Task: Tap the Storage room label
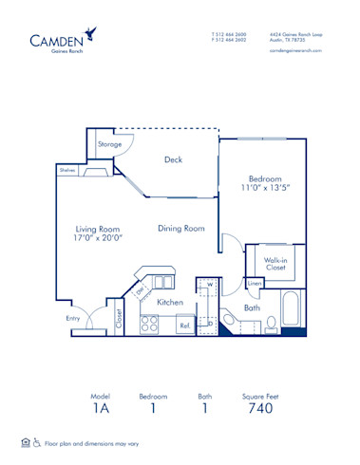[x=109, y=144]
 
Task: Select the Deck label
[x=172, y=159]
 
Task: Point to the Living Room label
[x=98, y=233]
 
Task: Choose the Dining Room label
[x=181, y=228]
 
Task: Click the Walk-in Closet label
[x=276, y=263]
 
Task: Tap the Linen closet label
[x=254, y=283]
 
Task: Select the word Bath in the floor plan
[x=252, y=307]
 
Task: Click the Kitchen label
[x=169, y=302]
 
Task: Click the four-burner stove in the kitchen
[x=149, y=324]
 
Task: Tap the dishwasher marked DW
[x=139, y=291]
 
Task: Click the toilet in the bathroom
[x=270, y=325]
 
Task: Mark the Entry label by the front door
[x=73, y=318]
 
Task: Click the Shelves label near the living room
[x=66, y=170]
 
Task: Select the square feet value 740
[x=259, y=408]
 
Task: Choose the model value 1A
[x=100, y=408]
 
